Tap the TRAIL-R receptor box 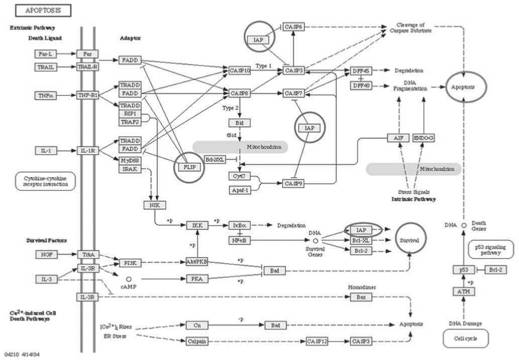(x=87, y=67)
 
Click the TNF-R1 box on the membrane (x=87, y=95)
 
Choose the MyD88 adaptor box (x=130, y=161)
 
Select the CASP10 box (x=240, y=71)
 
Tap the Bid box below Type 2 (x=239, y=123)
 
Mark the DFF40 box (x=361, y=85)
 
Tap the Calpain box (x=196, y=341)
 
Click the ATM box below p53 (x=464, y=291)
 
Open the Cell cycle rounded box (x=465, y=339)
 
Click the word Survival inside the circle (x=410, y=241)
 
